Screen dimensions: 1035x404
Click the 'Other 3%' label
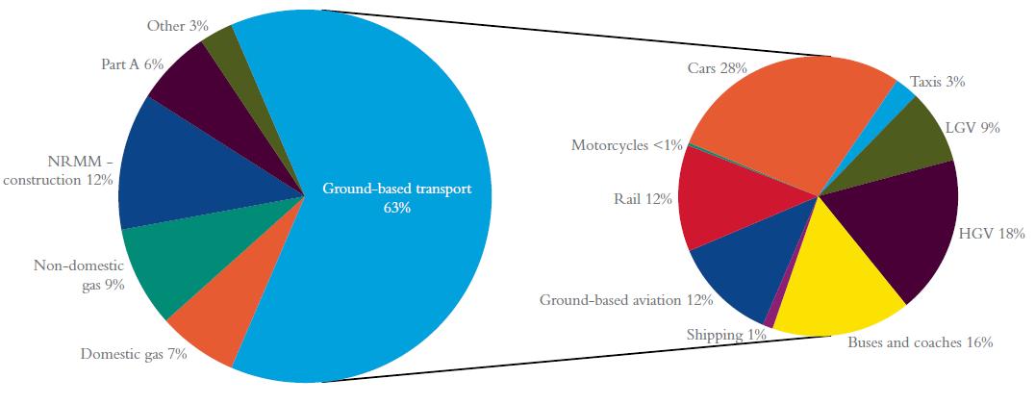click(178, 26)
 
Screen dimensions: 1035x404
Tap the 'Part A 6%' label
click(132, 64)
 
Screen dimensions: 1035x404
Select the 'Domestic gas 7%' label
click(134, 355)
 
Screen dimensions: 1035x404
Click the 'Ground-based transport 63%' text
click(397, 197)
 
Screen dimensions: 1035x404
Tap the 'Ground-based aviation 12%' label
click(626, 300)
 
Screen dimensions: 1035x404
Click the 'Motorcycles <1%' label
click(627, 145)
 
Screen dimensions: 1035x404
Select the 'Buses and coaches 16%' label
click(921, 342)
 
